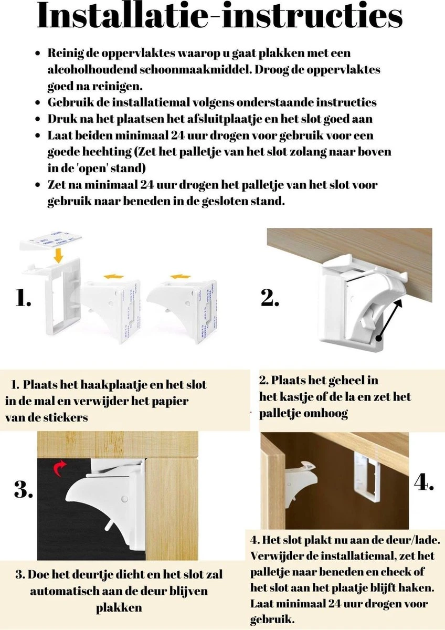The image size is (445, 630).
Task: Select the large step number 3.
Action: [x=24, y=489]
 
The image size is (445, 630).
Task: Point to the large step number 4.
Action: [x=423, y=482]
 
